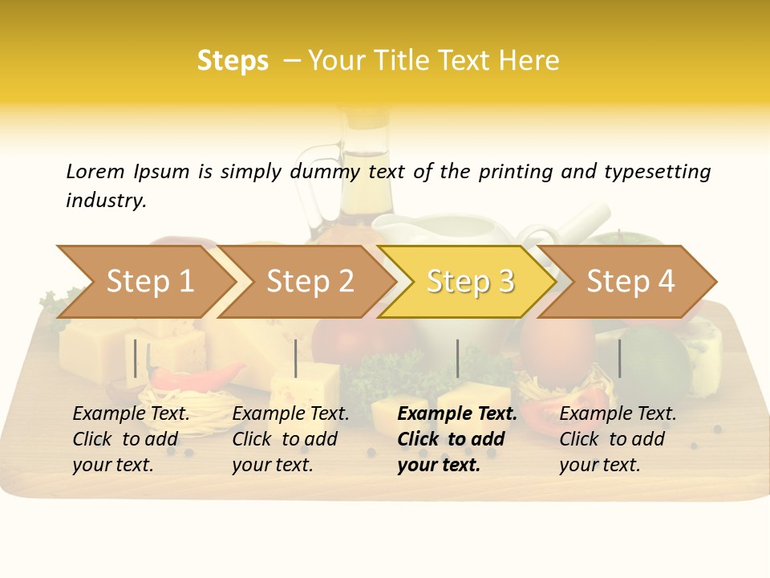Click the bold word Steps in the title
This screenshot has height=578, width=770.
point(233,61)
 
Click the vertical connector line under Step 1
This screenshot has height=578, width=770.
point(136,358)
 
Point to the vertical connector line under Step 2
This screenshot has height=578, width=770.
point(296,358)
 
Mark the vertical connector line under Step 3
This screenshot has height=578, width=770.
point(457,358)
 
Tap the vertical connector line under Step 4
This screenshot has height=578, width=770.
point(619,358)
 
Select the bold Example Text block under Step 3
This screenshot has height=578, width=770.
point(457,439)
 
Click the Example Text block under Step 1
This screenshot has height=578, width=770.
point(131,439)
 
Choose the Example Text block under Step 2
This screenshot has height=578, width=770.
point(290,439)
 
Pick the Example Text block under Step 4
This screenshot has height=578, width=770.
point(618,439)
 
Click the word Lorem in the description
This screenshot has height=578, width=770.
point(95,171)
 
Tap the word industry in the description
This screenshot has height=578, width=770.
point(105,201)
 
